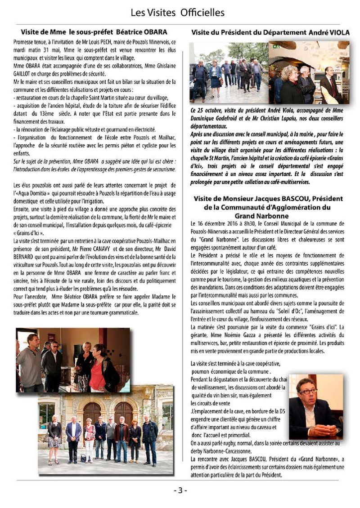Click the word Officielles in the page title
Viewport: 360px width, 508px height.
202,13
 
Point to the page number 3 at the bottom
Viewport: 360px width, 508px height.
180,490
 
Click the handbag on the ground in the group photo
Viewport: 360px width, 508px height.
83,458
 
